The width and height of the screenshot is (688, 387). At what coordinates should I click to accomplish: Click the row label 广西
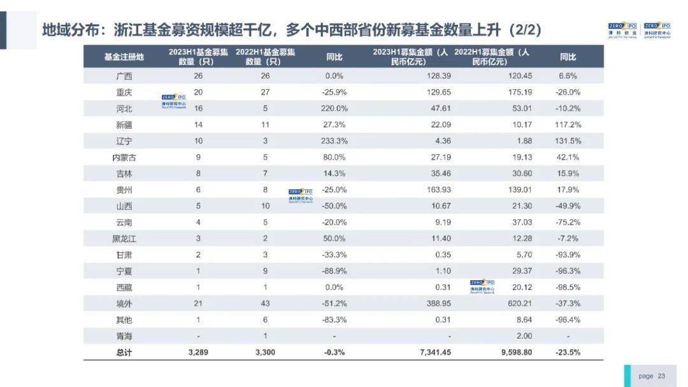point(124,76)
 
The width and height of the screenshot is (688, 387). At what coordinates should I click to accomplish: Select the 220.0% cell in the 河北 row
point(334,108)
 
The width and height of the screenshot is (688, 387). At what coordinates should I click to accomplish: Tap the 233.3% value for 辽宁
point(334,141)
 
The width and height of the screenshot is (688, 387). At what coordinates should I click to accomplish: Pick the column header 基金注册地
point(124,57)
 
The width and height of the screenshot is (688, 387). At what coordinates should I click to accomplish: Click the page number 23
point(661,376)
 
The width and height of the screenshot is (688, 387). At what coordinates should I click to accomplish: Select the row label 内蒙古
point(124,157)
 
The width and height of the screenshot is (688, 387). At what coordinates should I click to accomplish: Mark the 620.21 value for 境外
point(519,304)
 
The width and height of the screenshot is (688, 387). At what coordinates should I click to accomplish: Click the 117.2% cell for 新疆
point(568,125)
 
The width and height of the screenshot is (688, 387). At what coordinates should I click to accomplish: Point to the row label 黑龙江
point(124,239)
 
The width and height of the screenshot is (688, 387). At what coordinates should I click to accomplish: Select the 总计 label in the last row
point(124,352)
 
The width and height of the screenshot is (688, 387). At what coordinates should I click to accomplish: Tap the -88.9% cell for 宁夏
point(334,271)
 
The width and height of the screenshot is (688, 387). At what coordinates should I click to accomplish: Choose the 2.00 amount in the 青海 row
point(524,336)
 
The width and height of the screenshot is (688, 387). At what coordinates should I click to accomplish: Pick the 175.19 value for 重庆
point(519,92)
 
